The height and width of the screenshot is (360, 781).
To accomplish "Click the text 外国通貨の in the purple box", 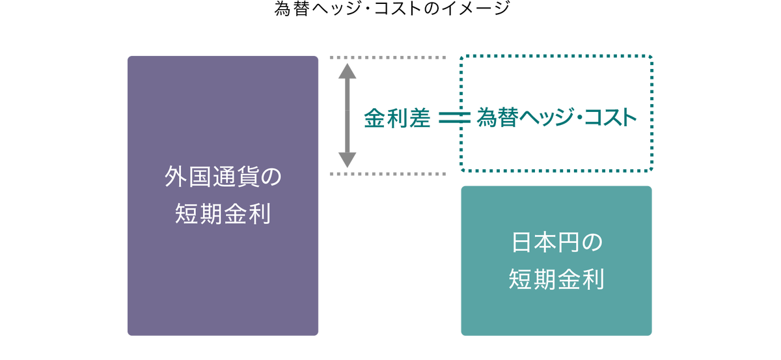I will tap(223, 178).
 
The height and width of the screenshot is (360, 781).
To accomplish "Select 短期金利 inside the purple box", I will tap(223, 214).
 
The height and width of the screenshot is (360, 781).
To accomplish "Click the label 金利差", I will tap(396, 118).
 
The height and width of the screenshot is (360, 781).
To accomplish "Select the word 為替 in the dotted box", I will tap(494, 118).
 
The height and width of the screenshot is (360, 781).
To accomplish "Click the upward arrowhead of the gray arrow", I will tap(347, 68).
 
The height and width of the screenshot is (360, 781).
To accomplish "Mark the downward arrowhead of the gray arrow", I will tap(347, 161).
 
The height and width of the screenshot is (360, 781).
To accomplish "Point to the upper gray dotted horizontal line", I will tap(387, 58).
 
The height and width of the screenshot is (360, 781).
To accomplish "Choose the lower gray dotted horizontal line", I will tap(387, 174).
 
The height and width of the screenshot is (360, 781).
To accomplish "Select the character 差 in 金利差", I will tap(419, 118).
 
